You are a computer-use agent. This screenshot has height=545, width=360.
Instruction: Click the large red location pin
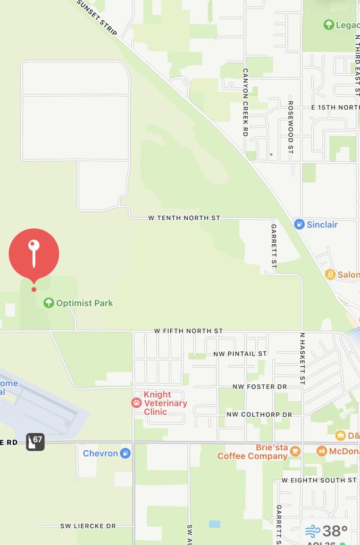[34, 254]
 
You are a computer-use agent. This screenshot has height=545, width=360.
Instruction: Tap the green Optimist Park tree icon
[48, 303]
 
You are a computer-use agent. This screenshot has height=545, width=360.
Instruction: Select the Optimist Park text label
[85, 303]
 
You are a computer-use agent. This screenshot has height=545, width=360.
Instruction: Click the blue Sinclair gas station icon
[299, 225]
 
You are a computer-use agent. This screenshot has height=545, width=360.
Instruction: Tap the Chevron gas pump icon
[125, 453]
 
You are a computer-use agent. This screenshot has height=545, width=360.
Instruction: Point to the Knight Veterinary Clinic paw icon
[137, 403]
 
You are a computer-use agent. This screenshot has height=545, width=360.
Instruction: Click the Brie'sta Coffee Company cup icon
[295, 451]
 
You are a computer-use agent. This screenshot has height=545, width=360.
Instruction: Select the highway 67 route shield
[35, 441]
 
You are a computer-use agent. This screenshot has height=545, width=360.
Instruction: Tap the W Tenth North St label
[184, 218]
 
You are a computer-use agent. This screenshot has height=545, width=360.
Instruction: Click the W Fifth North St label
[188, 331]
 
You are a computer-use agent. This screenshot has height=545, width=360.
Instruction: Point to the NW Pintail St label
[240, 353]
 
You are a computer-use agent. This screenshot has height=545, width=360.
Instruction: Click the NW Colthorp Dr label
[259, 414]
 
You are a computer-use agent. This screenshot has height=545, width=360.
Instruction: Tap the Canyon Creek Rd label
[245, 102]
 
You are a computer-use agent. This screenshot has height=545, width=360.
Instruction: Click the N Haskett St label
[302, 359]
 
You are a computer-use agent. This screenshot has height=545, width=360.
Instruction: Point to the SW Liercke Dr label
[88, 526]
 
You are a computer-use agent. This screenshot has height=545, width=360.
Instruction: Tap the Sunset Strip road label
[97, 17]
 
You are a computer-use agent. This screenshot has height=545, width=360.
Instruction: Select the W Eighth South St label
[319, 480]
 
